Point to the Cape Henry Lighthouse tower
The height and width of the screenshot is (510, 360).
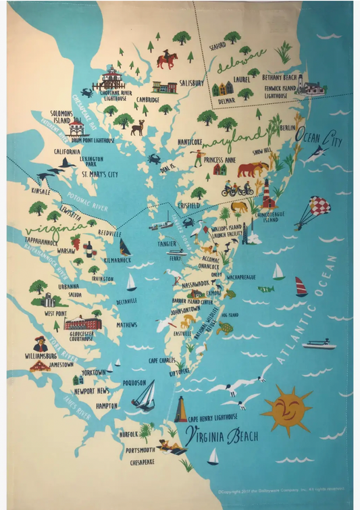tap(180, 409)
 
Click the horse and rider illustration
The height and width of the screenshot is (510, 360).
tap(165, 59)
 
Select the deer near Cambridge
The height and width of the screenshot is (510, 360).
tap(138, 127)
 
